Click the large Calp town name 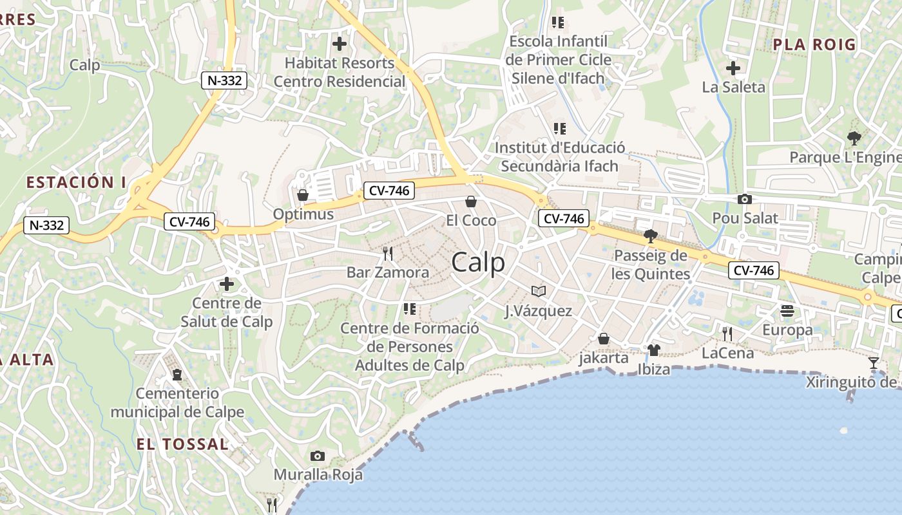tap(478, 263)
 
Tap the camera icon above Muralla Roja tap(317, 456)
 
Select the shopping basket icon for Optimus tap(302, 195)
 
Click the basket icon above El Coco tap(471, 202)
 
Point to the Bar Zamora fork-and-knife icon tap(388, 253)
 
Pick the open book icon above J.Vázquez tap(539, 292)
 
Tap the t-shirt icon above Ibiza tap(654, 350)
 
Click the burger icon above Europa tap(787, 311)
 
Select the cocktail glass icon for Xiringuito tap(874, 363)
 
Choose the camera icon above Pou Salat tap(745, 199)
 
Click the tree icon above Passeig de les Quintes tap(650, 236)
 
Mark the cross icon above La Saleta tap(733, 68)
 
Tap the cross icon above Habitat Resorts tap(339, 44)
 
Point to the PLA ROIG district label tap(814, 44)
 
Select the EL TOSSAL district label tap(182, 444)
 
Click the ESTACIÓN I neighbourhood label tap(76, 182)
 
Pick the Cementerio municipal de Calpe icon tap(177, 374)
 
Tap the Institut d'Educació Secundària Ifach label tap(559, 156)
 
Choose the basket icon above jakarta tap(604, 338)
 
